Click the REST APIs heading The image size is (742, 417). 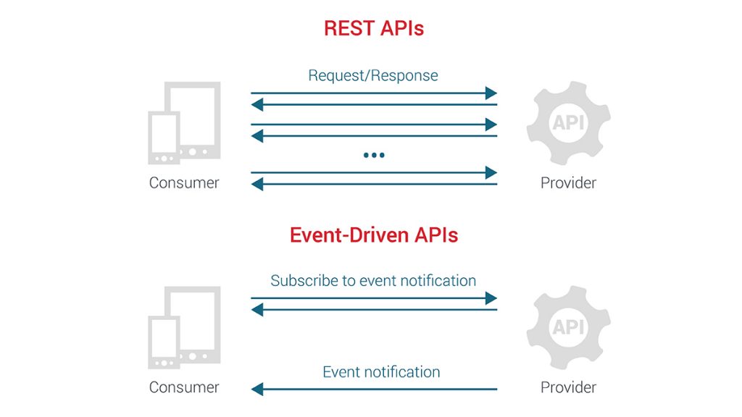point(373,28)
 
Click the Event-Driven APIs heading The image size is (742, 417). point(373,235)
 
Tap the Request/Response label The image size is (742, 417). point(373,75)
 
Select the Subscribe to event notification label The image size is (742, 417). point(373,280)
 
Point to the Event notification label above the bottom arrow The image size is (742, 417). point(381,372)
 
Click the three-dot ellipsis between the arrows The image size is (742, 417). point(374,155)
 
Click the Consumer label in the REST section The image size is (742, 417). point(184,182)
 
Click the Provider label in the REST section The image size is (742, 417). point(568,182)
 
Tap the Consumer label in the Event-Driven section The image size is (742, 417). point(184,387)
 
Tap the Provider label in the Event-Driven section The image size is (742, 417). point(568,387)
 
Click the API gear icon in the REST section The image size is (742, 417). point(568,123)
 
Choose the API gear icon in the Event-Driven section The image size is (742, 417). point(568,327)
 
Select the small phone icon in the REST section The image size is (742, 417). point(164,138)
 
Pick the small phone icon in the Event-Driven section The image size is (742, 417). point(164,342)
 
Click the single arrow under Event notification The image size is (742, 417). point(374,389)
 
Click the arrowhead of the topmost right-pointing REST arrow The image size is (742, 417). point(492,93)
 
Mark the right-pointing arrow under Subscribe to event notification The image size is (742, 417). point(374,298)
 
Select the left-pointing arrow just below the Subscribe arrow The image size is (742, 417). point(374,310)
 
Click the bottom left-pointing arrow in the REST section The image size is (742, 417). point(374,185)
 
